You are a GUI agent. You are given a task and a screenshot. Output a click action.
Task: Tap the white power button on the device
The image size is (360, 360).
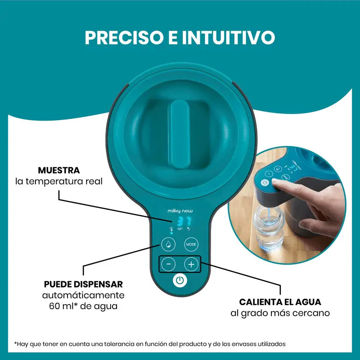coord(180,280)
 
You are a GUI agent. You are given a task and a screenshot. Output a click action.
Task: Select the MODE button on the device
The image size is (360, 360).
coord(191,244)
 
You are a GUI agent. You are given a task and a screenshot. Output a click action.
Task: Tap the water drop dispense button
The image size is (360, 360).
coord(167,244)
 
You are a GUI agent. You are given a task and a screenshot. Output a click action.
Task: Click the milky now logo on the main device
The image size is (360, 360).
coord(180,209)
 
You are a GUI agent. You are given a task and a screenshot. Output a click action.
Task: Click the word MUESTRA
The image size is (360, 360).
coord(59,171)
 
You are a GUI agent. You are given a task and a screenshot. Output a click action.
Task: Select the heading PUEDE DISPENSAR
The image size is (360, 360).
coord(83,284)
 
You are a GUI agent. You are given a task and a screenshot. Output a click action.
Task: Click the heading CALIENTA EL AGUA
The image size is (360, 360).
coord(280,302)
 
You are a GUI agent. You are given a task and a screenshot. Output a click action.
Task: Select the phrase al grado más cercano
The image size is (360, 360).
coord(280,313)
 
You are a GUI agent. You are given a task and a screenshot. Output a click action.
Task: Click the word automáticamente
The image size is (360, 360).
coord(83,296)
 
